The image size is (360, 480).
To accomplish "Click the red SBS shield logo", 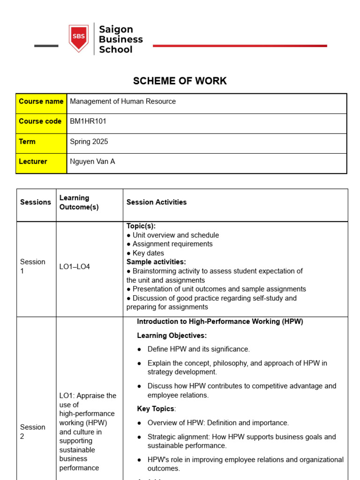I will pos(78,38).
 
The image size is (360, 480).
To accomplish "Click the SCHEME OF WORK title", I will pos(180,81).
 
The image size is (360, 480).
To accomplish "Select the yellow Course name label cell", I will pos(41,102).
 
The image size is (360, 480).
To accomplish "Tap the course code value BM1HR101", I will pos(88,121).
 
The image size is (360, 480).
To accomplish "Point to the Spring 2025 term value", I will pos(89,142).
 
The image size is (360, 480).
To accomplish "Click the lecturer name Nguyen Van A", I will pos(92,162).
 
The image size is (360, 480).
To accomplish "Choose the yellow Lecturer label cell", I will pos(41,162).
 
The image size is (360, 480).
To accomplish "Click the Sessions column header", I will pos(36,202).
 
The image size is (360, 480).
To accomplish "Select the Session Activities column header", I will pos(157,202).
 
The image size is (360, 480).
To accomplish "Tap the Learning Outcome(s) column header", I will pos(79,202).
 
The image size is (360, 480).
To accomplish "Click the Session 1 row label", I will pos(33,266).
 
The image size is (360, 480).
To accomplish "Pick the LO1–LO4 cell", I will pos(75,267).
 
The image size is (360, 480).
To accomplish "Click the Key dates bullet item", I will pos(148,253).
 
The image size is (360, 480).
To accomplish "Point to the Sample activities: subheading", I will pos(156,262).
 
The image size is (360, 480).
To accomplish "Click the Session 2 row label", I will pos(33,432).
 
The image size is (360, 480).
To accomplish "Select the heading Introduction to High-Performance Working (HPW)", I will pos(220,322).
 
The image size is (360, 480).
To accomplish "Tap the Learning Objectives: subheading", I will pos(172,336).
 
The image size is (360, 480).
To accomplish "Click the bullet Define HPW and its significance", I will pos(198,349).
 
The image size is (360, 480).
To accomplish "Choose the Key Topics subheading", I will pos(156,409).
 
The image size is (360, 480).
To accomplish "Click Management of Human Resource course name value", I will pos(123,102).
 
